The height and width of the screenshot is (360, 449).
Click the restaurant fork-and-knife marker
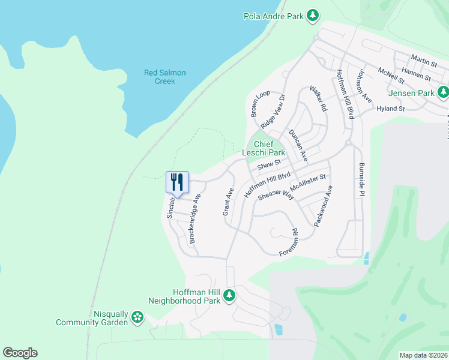click(177, 181)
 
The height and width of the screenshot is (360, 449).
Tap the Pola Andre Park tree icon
click(312, 16)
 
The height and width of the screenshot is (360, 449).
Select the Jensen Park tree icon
click(443, 92)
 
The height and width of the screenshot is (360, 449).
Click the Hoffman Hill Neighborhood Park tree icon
click(229, 295)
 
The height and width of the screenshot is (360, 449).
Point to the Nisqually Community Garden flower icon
click(137, 317)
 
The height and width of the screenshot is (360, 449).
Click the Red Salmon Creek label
click(165, 77)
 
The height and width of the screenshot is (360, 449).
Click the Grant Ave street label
click(228, 202)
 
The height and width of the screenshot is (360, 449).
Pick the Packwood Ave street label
click(322, 206)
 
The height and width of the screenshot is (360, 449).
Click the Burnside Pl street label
click(361, 179)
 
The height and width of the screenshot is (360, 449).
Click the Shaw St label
click(269, 164)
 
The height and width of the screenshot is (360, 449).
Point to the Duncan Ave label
click(298, 146)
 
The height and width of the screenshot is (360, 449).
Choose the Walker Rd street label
click(318, 99)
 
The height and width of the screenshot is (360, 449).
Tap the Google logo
click(20, 353)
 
